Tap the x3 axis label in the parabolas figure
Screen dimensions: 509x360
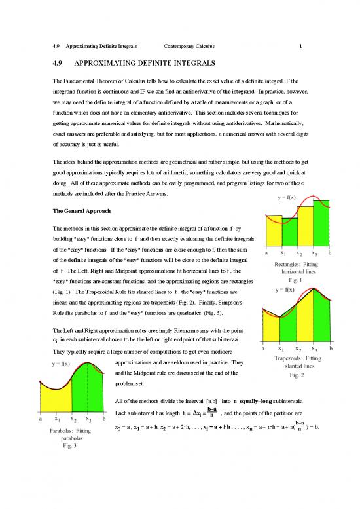point(88,419)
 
